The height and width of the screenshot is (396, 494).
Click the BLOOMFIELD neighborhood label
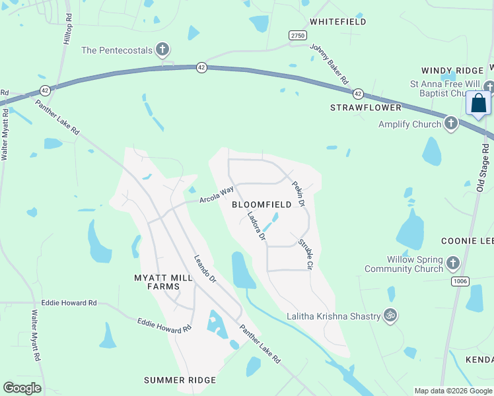262,205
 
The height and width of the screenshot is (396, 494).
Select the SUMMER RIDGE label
180,380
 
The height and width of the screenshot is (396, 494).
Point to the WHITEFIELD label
338,22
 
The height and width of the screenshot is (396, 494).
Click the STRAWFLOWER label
366,107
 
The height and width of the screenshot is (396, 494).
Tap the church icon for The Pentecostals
162,49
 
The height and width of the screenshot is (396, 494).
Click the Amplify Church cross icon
451,123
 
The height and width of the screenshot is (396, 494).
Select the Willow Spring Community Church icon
452,264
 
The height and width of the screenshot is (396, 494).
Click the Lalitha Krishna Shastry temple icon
391,316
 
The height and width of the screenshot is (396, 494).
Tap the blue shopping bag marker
478,104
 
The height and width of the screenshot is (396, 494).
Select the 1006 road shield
460,282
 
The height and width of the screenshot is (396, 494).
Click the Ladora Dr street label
256,226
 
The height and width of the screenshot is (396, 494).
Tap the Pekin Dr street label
298,195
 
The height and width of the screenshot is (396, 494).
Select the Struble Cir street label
304,254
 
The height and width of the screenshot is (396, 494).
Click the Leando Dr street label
205,269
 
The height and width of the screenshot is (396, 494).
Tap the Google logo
22,388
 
